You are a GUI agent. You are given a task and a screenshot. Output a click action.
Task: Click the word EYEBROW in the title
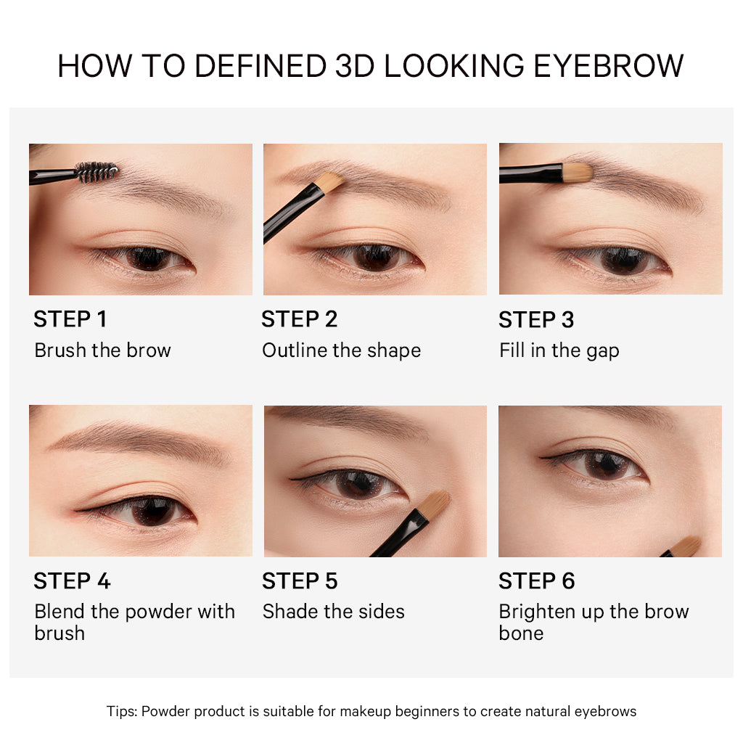pyautogui.click(x=609, y=65)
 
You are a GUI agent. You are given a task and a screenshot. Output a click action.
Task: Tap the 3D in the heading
pyautogui.click(x=354, y=65)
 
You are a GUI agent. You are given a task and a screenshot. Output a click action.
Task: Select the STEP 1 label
pyautogui.click(x=70, y=319)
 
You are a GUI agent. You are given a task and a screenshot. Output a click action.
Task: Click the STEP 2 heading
pyautogui.click(x=300, y=319)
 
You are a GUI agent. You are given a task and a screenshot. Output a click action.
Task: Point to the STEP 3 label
pyautogui.click(x=536, y=320)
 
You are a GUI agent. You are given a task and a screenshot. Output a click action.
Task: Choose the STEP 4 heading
pyautogui.click(x=72, y=581)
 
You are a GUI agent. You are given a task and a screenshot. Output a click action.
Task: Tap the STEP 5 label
pyautogui.click(x=300, y=581)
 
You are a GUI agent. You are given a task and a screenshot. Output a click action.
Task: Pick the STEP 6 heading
pyautogui.click(x=537, y=581)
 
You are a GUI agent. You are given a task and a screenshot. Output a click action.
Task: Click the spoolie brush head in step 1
pyautogui.click(x=97, y=171)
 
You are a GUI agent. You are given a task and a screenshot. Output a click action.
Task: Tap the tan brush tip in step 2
pyautogui.click(x=330, y=182)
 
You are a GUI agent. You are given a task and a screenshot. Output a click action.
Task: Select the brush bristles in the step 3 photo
pyautogui.click(x=578, y=173)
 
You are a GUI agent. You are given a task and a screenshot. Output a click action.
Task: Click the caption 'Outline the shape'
pyautogui.click(x=342, y=350)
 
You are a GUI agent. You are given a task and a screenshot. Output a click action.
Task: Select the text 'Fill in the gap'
pyautogui.click(x=559, y=350)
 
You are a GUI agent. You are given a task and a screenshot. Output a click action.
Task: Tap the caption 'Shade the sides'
pyautogui.click(x=334, y=611)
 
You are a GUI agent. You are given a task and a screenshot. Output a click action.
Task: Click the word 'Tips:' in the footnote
pyautogui.click(x=122, y=711)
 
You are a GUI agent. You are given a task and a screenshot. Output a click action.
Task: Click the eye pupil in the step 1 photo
pyautogui.click(x=148, y=258)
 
